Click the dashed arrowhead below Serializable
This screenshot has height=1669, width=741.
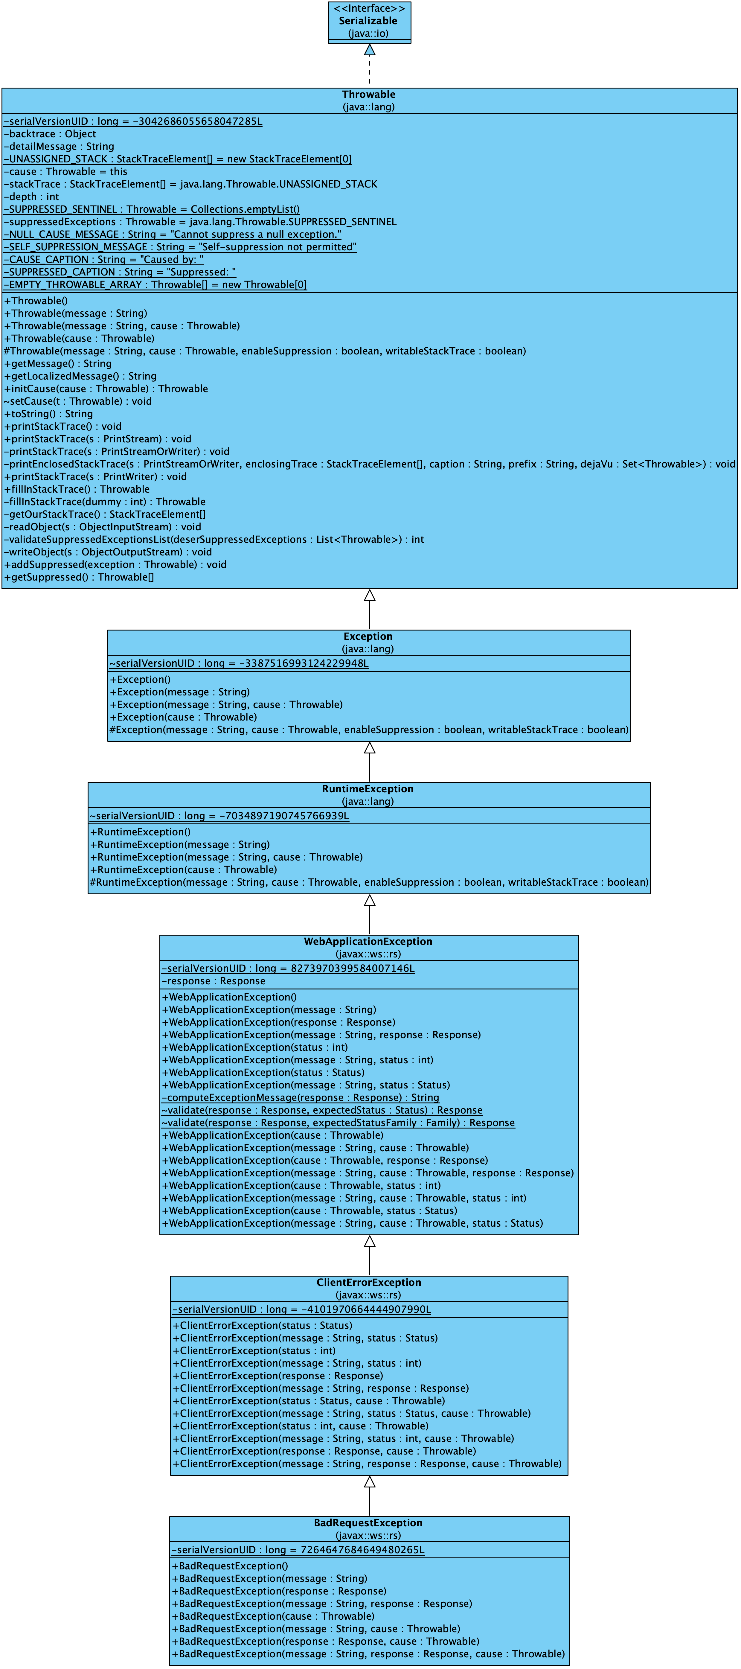(369, 50)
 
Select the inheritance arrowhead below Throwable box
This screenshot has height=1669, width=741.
(369, 596)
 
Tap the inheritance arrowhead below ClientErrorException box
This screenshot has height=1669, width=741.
(369, 1482)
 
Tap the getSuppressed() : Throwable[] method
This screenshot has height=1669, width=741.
(79, 577)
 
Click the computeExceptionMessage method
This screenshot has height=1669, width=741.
(301, 1097)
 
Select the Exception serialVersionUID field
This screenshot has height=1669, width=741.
(239, 663)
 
